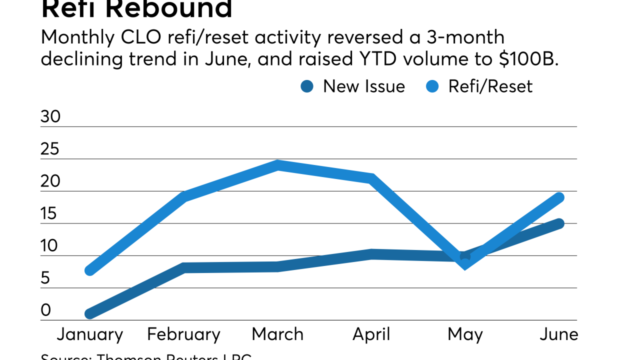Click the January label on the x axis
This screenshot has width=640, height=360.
tap(90, 334)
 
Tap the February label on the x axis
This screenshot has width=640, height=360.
tap(184, 334)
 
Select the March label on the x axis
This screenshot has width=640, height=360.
tap(277, 334)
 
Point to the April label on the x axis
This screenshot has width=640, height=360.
tap(371, 334)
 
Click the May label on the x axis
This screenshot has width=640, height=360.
tap(465, 334)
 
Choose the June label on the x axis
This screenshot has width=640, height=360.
tap(558, 334)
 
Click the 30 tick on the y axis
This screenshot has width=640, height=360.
tap(50, 116)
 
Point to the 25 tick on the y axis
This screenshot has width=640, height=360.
tap(50, 149)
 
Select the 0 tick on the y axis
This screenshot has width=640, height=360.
tap(46, 310)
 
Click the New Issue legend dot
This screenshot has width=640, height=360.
tap(307, 86)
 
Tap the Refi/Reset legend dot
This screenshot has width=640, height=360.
tap(432, 86)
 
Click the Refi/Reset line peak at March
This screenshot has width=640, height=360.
tap(277, 165)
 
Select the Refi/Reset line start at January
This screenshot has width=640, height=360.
tap(90, 270)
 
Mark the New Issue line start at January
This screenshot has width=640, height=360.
tap(90, 314)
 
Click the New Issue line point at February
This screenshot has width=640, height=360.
tap(184, 268)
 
